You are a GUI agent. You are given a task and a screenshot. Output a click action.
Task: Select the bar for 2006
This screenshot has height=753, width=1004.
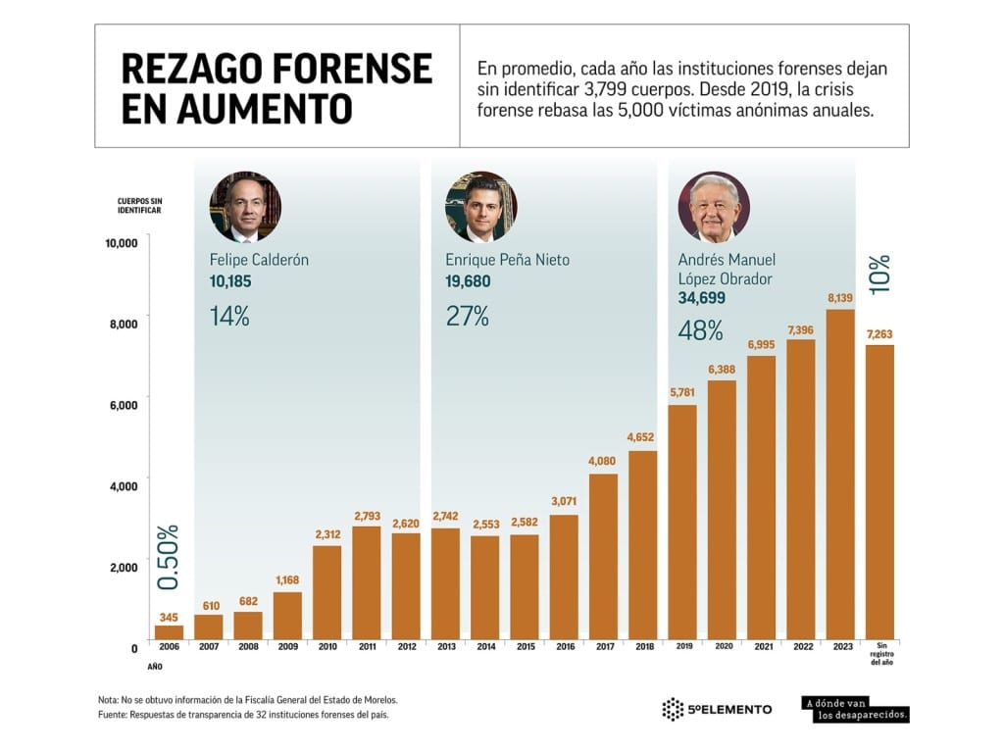point(169,631)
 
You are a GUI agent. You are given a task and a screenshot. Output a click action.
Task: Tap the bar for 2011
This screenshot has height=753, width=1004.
point(367,582)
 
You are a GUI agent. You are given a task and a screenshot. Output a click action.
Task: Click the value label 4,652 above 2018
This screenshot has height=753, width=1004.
point(643,436)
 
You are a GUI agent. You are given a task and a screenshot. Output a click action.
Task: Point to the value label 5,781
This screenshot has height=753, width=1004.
point(682,391)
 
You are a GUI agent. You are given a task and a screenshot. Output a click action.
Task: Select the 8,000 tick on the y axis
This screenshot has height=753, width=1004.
point(122,323)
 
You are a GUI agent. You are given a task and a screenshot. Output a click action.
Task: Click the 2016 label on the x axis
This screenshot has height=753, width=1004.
point(564,648)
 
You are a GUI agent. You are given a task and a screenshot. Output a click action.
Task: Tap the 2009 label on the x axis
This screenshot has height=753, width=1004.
point(287,648)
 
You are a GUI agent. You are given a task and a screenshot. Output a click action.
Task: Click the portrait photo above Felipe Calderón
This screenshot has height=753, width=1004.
point(245,207)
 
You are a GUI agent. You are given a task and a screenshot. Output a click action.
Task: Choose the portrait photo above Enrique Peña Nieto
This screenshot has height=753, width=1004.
point(480,207)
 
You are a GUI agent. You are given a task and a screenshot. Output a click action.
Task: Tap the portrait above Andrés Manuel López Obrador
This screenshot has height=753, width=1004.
point(714,207)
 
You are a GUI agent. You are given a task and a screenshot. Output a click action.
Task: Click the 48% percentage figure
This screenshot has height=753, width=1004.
point(700,330)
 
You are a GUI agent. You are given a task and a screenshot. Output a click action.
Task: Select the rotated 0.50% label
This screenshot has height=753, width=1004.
point(169,556)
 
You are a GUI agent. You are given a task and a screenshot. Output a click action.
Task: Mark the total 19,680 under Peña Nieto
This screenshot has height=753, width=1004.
point(468,281)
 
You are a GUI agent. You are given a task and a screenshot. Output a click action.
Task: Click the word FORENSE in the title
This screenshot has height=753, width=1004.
point(350,69)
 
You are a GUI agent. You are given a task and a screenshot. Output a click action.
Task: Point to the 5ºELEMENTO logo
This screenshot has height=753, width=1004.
point(717,709)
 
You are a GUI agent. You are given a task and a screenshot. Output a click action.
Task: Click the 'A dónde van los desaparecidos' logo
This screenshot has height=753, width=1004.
point(855,709)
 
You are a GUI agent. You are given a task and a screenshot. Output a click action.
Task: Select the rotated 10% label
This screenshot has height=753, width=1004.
point(879,276)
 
